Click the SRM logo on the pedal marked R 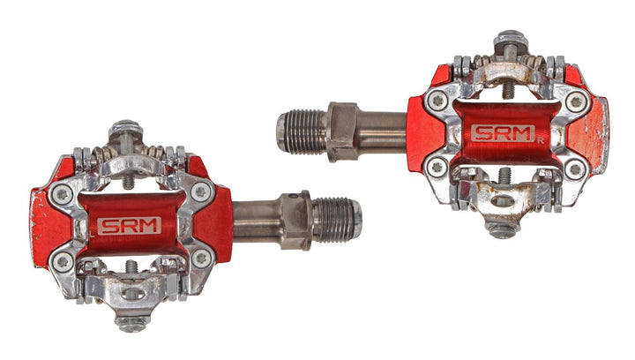pos(502,133)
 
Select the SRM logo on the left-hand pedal pos(129,225)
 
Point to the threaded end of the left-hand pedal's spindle pos(340,218)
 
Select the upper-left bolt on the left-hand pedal pos(64,191)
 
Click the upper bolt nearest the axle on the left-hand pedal pos(201,191)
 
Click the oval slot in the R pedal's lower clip pos(500,202)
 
